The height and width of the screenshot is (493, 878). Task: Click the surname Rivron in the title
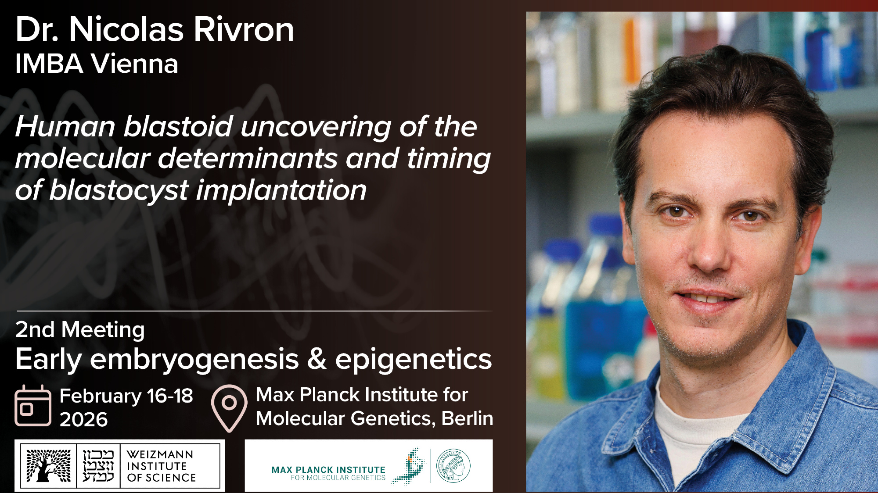[x=244, y=30]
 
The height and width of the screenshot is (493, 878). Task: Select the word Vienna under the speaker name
[x=134, y=64]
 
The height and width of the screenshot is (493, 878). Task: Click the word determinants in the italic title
[x=248, y=158]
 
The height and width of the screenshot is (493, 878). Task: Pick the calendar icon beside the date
[x=33, y=406]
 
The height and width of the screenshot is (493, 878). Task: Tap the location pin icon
[x=229, y=408]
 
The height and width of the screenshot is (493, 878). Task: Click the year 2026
[x=83, y=420]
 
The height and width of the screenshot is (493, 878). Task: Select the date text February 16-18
[x=126, y=396]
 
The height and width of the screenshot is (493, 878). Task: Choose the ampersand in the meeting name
[x=317, y=359]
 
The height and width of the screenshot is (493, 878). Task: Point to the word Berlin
[x=467, y=418]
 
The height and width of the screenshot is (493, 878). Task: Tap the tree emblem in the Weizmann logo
[x=48, y=466]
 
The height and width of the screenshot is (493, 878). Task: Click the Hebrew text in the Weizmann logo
[x=98, y=466]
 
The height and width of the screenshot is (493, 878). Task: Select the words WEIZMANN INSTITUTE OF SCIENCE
[x=161, y=466]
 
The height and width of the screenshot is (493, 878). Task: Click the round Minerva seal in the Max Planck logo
[x=453, y=466]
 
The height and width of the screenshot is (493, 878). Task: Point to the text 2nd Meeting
[x=80, y=330]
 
